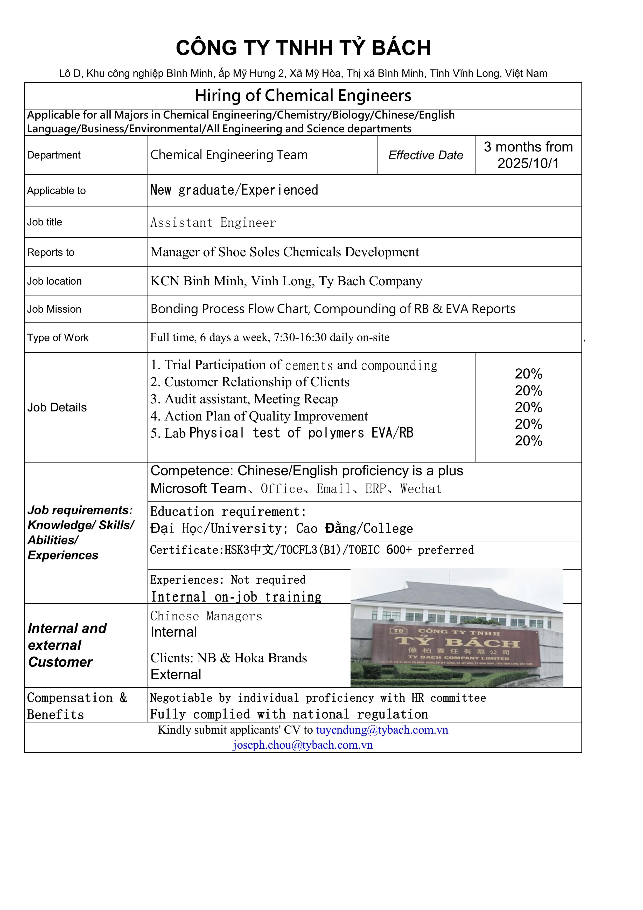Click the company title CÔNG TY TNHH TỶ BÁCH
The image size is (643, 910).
click(x=303, y=48)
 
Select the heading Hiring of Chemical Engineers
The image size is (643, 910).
click(x=303, y=95)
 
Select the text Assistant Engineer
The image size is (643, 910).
click(x=213, y=223)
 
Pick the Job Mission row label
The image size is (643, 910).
click(x=54, y=309)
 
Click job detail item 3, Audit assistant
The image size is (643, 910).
click(x=244, y=399)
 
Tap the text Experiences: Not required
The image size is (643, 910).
click(x=228, y=580)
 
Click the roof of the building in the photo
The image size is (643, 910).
click(x=456, y=591)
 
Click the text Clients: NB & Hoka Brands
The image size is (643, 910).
click(x=229, y=658)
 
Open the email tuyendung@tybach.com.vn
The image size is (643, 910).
click(x=382, y=730)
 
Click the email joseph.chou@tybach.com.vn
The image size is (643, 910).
click(x=303, y=745)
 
